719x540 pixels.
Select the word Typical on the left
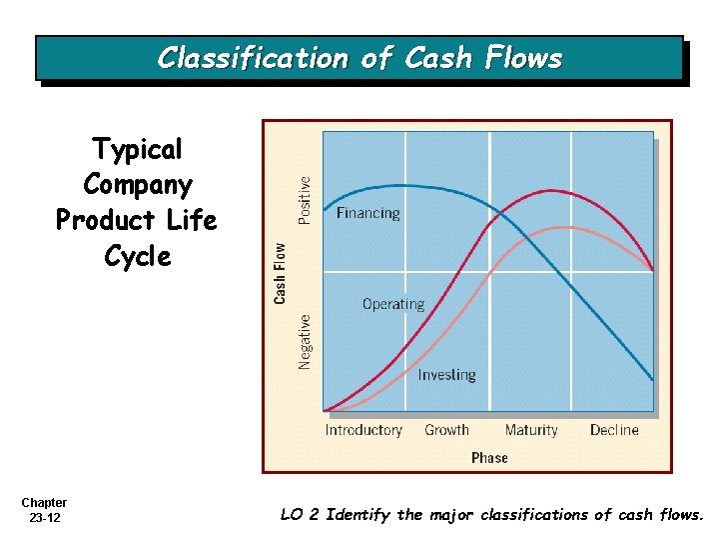pyautogui.click(x=138, y=150)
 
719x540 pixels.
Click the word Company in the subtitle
pyautogui.click(x=138, y=185)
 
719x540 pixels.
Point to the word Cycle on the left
pyautogui.click(x=138, y=256)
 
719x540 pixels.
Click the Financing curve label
pyautogui.click(x=367, y=213)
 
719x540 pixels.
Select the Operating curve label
pyautogui.click(x=392, y=304)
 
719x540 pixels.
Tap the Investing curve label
pyautogui.click(x=446, y=375)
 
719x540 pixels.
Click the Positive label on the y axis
pyautogui.click(x=305, y=199)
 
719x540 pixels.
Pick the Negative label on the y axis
pyautogui.click(x=305, y=342)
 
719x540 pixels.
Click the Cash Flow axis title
pyautogui.click(x=281, y=272)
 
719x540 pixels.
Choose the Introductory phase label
pyautogui.click(x=363, y=430)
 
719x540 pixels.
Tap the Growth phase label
pyautogui.click(x=446, y=430)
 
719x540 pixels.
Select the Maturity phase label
pyautogui.click(x=531, y=430)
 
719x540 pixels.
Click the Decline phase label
pyautogui.click(x=614, y=430)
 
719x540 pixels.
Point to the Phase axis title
pyautogui.click(x=489, y=457)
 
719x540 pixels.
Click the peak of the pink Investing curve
pyautogui.click(x=566, y=227)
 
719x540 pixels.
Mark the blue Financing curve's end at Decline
pyautogui.click(x=653, y=380)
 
